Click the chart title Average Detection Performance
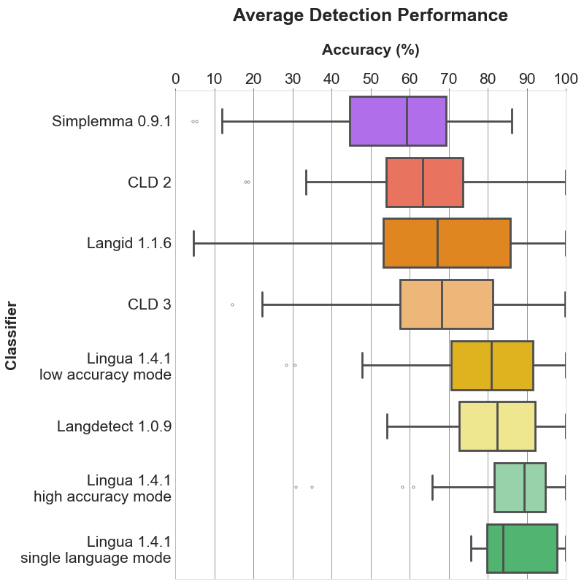click(370, 15)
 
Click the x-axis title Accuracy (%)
click(370, 50)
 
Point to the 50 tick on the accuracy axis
click(370, 79)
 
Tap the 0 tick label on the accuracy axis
click(176, 79)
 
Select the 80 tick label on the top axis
click(488, 79)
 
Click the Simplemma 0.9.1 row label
click(111, 121)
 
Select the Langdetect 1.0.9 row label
click(114, 426)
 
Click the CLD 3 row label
click(149, 304)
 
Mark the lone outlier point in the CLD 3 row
click(232, 304)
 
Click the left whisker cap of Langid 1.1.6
click(193, 242)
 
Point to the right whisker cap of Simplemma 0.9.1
click(512, 120)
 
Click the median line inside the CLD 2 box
click(423, 182)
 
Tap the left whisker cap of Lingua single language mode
click(471, 547)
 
